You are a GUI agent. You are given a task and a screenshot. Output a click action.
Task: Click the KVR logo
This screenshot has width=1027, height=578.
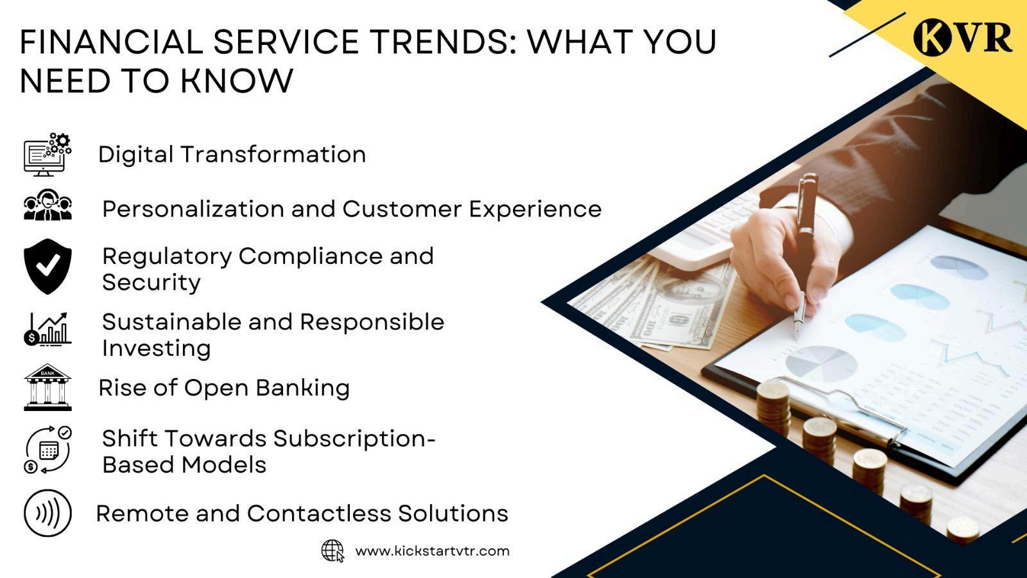point(963,37)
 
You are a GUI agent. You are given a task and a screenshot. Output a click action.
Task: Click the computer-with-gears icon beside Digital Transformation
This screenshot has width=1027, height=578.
point(47,154)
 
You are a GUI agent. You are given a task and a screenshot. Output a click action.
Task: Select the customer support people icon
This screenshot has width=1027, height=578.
point(47,205)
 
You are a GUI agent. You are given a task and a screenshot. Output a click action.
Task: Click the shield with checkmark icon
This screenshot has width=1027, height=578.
point(47,266)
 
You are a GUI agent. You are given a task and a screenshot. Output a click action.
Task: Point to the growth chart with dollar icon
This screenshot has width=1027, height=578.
point(47,329)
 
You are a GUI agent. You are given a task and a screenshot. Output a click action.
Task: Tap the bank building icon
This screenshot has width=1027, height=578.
point(47,387)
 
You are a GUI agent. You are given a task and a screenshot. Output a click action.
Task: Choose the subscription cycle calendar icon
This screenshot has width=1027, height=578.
point(47,450)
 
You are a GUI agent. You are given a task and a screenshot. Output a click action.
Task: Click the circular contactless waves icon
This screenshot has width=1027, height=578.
point(47,513)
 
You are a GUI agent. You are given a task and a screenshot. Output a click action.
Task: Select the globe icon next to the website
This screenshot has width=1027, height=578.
point(333,551)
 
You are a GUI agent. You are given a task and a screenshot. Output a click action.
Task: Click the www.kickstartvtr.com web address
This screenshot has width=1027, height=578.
point(433,551)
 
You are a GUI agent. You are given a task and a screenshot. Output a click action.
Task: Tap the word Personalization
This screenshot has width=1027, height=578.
point(193,209)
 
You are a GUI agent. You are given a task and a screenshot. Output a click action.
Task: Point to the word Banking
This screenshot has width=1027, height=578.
point(302,388)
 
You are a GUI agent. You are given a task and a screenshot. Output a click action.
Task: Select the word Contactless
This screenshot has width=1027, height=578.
point(318,513)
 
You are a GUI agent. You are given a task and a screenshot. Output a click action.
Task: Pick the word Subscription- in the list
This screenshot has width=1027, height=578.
point(354,439)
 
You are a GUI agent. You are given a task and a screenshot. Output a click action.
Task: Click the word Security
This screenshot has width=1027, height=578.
point(151,282)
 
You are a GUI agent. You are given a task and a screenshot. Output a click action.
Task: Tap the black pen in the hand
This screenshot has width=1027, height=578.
point(806,248)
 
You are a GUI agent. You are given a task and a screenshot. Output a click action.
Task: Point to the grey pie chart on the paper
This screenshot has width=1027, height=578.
point(822,365)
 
